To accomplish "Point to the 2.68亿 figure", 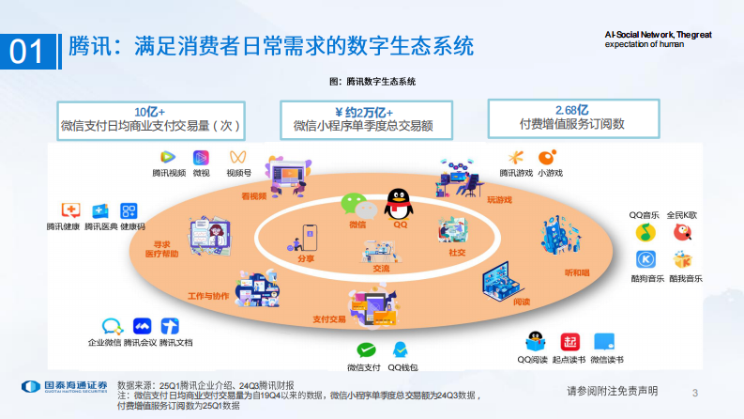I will (571, 109).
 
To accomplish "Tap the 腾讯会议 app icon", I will (144, 326).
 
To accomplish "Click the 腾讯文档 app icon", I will (171, 326).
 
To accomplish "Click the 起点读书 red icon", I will (569, 343).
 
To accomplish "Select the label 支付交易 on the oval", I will (330, 318).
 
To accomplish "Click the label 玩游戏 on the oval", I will (500, 199).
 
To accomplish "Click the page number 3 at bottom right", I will (695, 391).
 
